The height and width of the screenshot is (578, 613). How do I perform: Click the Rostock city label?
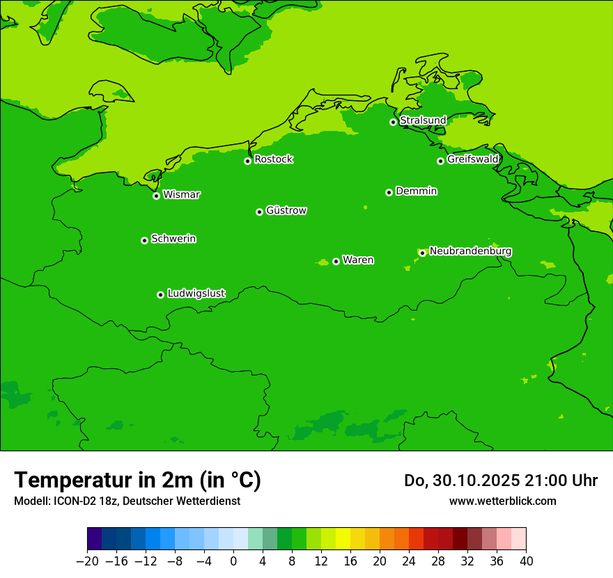tap(273, 159)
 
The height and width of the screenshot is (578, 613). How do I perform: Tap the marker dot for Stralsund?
tap(393, 122)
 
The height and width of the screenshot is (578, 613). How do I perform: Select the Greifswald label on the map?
tap(472, 159)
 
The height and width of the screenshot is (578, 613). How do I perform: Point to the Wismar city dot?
tap(157, 196)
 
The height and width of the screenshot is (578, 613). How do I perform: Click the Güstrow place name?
tap(286, 210)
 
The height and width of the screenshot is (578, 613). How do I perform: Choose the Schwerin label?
tap(173, 239)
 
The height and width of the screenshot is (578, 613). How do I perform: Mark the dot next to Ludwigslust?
tap(160, 295)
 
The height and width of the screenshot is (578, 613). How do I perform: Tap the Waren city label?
tap(358, 260)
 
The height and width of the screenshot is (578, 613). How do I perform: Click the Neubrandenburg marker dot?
tap(422, 253)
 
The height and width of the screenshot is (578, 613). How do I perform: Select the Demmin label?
tap(416, 191)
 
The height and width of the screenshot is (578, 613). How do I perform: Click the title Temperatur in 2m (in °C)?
tap(138, 480)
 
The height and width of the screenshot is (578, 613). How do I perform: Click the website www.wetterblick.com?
tap(503, 501)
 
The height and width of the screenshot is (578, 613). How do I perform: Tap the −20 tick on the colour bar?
tap(87, 561)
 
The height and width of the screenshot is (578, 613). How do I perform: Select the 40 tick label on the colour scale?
tap(526, 561)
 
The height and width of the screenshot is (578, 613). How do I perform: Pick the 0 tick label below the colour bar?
tap(233, 561)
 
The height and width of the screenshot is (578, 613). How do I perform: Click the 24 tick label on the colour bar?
tap(409, 561)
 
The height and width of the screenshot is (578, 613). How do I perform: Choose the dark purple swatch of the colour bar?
tap(94, 539)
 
